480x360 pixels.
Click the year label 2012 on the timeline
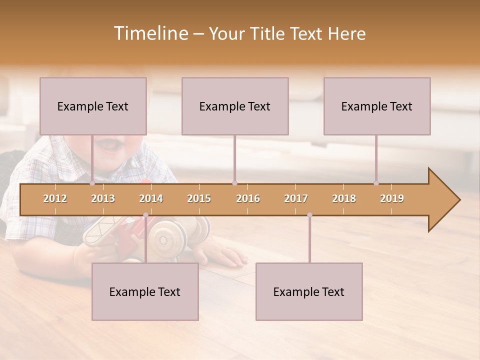55,198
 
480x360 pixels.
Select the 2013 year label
103,198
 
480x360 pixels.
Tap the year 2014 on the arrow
151,198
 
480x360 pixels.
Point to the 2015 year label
199,198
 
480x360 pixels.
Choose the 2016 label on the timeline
248,198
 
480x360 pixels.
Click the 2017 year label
296,198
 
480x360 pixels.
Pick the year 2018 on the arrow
344,198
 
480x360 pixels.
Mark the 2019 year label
392,198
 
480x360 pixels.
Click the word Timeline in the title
150,33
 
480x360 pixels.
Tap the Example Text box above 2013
93,106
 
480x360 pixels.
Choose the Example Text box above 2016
235,106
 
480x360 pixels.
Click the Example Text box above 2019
377,106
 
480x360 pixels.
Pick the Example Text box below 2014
145,291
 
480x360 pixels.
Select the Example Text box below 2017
309,291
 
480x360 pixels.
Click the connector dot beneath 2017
309,215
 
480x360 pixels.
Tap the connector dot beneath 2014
145,215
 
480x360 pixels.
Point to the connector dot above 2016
234,183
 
